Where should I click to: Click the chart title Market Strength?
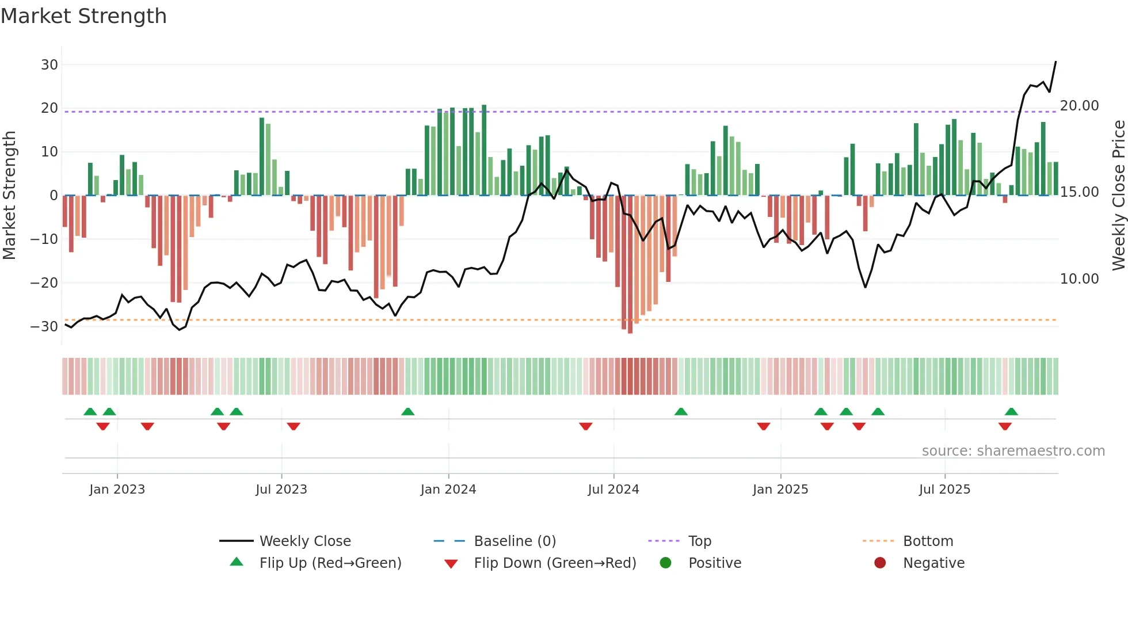pos(83,16)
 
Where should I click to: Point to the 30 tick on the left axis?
pos(49,65)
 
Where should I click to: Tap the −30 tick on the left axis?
pos(44,327)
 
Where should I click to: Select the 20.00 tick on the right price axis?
pos(1079,106)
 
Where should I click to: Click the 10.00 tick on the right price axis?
pos(1079,279)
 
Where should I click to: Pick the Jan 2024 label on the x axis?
pos(448,490)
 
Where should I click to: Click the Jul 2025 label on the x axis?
pos(944,490)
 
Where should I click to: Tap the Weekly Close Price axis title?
pos(1118,196)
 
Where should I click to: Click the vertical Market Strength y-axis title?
pos(9,196)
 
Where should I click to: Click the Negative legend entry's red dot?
pos(880,563)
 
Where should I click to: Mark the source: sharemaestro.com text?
pos(1013,451)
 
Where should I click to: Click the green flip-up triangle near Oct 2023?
pos(407,412)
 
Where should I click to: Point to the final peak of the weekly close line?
pos(1055,62)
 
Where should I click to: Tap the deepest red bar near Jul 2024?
pos(630,265)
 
